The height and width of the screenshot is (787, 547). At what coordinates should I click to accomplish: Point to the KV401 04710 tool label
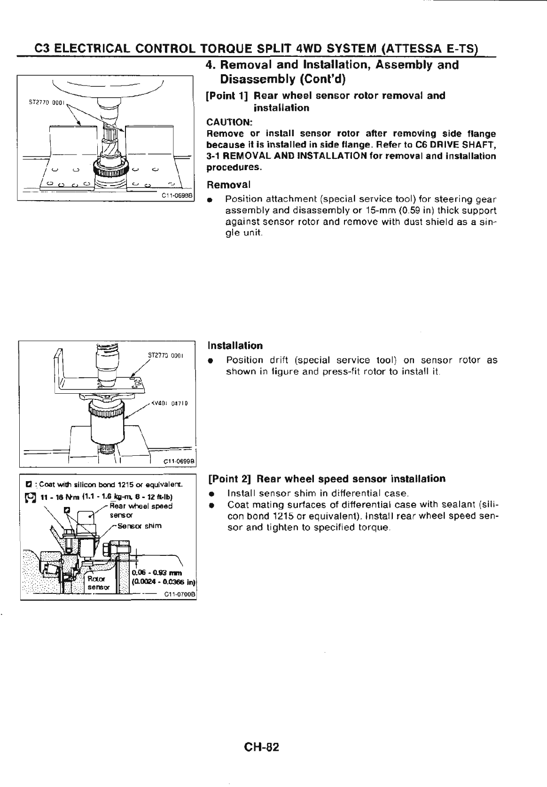pyautogui.click(x=170, y=403)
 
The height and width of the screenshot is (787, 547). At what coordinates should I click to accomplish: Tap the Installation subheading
pyautogui.click(x=235, y=346)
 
